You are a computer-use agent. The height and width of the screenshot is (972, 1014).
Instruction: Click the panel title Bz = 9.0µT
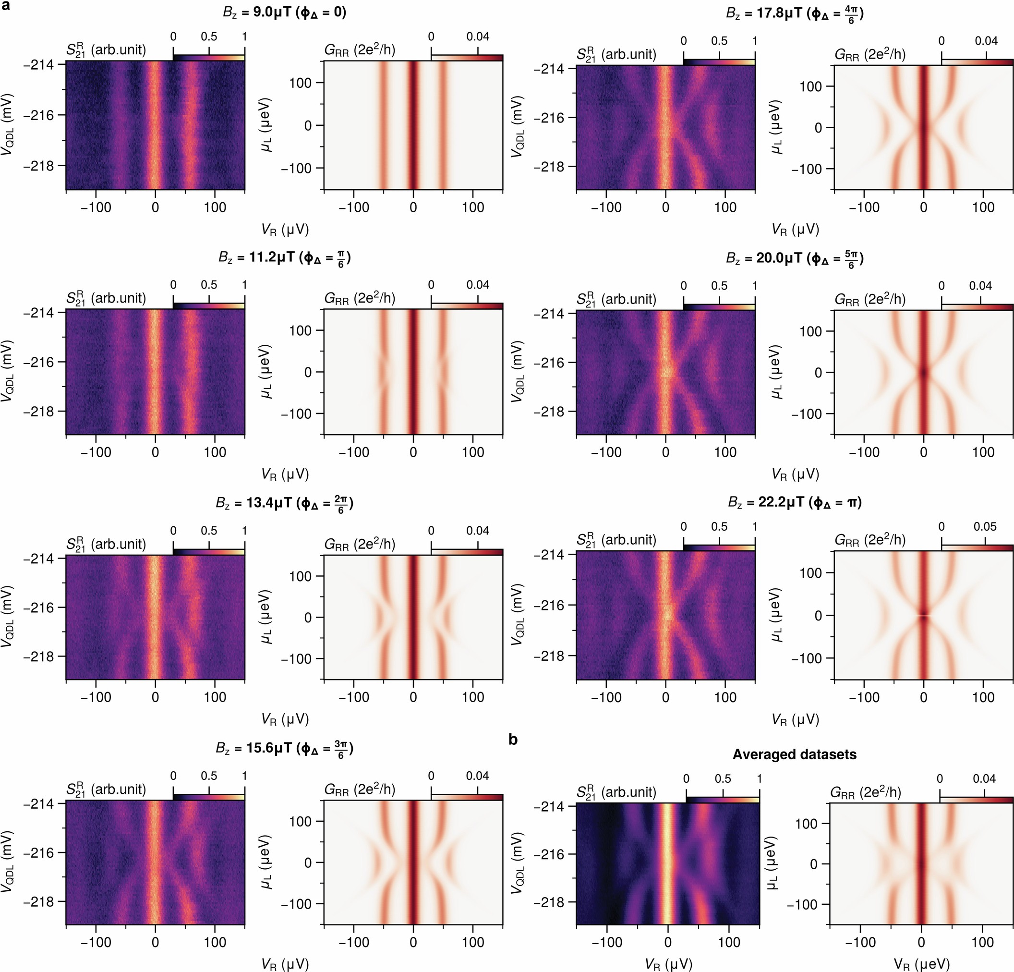tap(285, 12)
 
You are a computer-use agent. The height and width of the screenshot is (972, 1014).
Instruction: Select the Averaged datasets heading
tap(794, 754)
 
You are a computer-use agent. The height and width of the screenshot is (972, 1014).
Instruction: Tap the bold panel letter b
tap(513, 740)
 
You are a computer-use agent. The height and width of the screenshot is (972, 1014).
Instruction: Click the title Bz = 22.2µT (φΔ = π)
tap(795, 502)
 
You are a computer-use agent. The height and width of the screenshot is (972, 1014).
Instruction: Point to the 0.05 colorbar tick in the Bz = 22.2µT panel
tap(985, 527)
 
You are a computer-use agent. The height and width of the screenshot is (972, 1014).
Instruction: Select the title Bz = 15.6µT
tap(285, 748)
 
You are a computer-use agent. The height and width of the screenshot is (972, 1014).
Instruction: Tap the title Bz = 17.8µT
tap(795, 13)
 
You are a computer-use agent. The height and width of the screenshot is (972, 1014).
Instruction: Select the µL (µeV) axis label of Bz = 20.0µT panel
tap(775, 372)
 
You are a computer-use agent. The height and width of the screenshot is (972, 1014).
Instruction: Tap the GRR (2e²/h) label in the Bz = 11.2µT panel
tap(360, 299)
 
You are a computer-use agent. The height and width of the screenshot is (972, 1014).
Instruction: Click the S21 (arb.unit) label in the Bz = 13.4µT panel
tap(106, 544)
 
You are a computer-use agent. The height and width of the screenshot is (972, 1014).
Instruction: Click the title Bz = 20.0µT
tap(795, 258)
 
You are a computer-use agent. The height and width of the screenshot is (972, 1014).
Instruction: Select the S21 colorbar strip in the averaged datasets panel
tap(722, 800)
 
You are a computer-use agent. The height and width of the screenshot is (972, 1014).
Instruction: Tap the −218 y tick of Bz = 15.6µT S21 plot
tap(45, 901)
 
